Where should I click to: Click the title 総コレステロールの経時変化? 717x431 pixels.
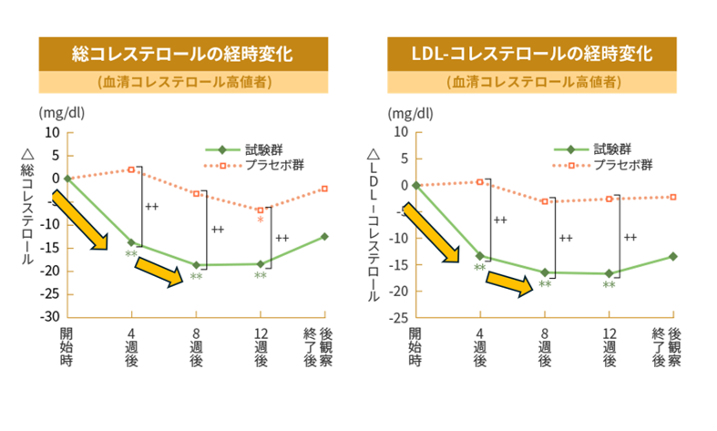[x=182, y=54]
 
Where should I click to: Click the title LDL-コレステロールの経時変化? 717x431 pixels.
[x=532, y=54]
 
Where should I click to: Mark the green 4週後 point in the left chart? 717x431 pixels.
[x=131, y=242]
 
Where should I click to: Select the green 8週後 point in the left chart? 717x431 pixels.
[x=196, y=265]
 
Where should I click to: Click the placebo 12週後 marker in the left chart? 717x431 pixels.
[x=261, y=210]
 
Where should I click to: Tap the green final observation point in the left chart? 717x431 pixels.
[x=324, y=237]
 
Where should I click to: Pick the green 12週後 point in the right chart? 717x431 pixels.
[x=609, y=273]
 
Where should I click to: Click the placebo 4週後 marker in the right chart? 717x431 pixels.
[x=480, y=182]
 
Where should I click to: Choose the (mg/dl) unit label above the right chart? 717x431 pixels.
[x=408, y=114]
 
